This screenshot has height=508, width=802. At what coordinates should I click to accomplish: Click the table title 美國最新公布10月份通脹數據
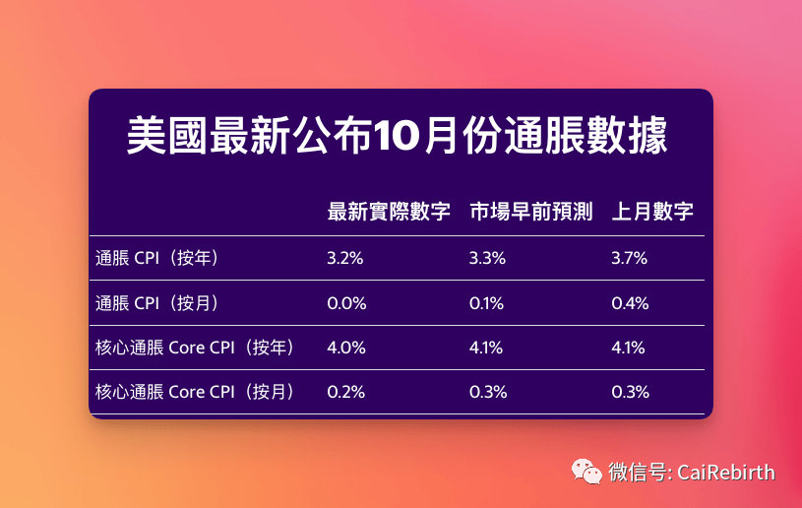pos(397,136)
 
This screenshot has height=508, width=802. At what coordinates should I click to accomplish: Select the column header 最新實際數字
pos(389,212)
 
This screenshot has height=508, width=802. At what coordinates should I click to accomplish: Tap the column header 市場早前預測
pos(531,212)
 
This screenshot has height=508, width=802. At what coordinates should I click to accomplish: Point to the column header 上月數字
pos(652,212)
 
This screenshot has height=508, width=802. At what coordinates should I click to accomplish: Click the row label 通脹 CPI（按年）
pos(158,258)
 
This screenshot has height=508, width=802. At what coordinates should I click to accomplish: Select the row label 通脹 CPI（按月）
pos(158,303)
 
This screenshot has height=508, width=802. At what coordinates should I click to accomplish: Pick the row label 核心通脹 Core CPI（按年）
pos(197,348)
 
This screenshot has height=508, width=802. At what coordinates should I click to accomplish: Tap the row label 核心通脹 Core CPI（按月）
pos(197,392)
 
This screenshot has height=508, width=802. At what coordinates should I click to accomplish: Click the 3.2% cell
pos(345,258)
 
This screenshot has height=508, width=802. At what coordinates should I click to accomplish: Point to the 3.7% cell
pos(629,258)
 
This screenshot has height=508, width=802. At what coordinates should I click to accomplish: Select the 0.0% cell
pos(346,303)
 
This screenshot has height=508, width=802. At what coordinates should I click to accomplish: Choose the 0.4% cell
pos(630,303)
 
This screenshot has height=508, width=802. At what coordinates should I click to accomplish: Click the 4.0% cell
pos(346,348)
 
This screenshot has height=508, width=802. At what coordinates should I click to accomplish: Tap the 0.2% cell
pos(346,392)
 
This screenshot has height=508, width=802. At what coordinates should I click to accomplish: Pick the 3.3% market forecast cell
pos(487,258)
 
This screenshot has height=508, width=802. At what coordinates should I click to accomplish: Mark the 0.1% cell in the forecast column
pos(486,303)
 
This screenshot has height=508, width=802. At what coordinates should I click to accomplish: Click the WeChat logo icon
pos(586,472)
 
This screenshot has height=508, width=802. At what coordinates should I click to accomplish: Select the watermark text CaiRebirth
pos(726,473)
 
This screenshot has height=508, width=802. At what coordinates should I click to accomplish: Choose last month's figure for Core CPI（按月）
pos(630,392)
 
